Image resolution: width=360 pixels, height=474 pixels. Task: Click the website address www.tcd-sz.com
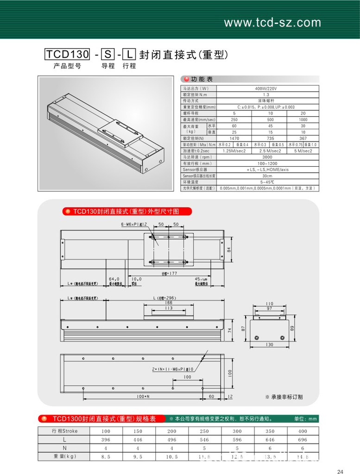point(272,23)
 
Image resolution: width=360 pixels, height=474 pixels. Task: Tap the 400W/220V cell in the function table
point(265,88)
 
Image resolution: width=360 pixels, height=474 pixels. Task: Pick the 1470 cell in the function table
point(234,138)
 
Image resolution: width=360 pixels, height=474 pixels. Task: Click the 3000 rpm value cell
point(265,157)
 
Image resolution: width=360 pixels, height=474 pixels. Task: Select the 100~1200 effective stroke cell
point(265,163)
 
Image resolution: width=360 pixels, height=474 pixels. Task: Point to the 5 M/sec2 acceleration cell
point(303,151)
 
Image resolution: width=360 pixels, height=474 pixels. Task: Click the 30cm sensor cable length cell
point(265,176)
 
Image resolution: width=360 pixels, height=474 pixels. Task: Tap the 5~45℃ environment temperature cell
point(265,182)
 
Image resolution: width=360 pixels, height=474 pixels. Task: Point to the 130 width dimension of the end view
point(270,344)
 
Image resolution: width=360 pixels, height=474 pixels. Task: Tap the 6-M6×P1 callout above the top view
point(134,224)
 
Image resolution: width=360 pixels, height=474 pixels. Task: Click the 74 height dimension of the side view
point(229,330)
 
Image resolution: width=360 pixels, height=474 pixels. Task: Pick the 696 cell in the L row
point(303,439)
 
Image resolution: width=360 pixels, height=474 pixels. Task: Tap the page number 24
point(341,472)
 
